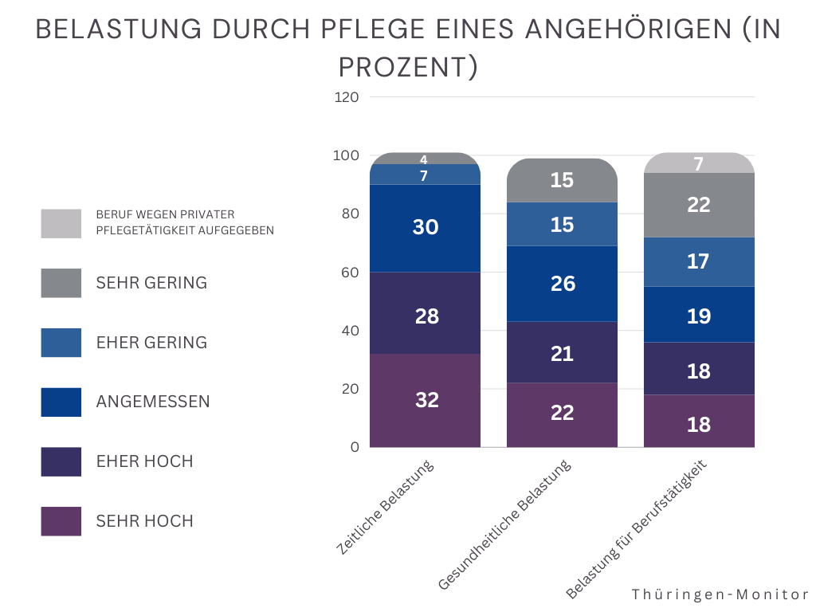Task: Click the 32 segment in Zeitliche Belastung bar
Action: pos(426,400)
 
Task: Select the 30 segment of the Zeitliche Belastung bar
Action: pos(426,228)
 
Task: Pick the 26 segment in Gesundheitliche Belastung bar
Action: pos(563,284)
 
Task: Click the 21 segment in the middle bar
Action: pos(563,353)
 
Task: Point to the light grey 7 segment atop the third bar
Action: pos(698,164)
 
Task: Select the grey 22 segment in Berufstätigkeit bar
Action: pos(698,205)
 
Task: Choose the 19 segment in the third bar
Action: pos(698,316)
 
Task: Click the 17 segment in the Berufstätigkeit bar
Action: pos(698,261)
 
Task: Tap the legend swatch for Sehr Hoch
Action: pos(61,521)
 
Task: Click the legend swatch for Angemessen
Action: pos(61,402)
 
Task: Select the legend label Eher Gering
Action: pos(151,343)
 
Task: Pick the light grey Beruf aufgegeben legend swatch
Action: pos(61,223)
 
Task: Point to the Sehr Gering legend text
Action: pos(151,283)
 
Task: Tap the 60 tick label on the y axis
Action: pos(351,273)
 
